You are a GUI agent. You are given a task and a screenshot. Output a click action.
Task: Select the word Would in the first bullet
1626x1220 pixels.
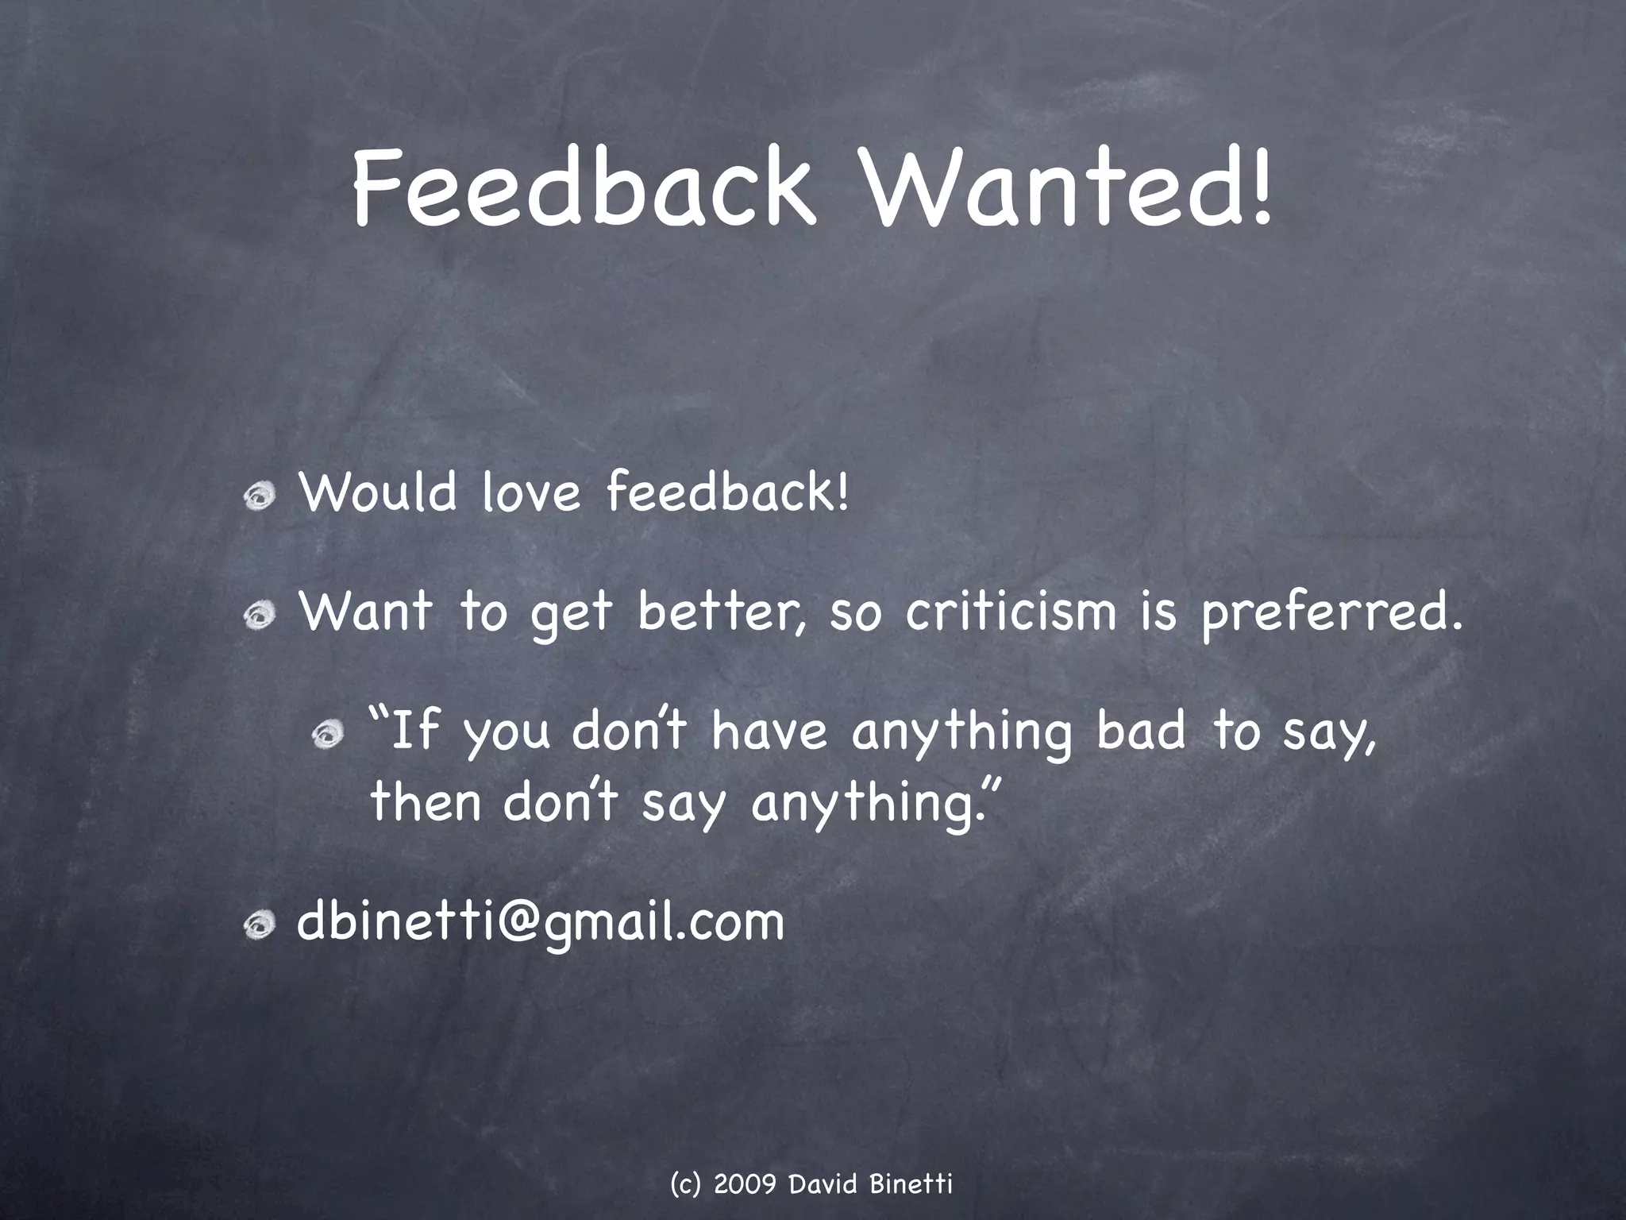(x=378, y=493)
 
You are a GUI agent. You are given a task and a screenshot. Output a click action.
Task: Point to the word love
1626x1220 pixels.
(x=531, y=493)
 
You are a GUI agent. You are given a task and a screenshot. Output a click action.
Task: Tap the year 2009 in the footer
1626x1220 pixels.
(x=745, y=1185)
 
